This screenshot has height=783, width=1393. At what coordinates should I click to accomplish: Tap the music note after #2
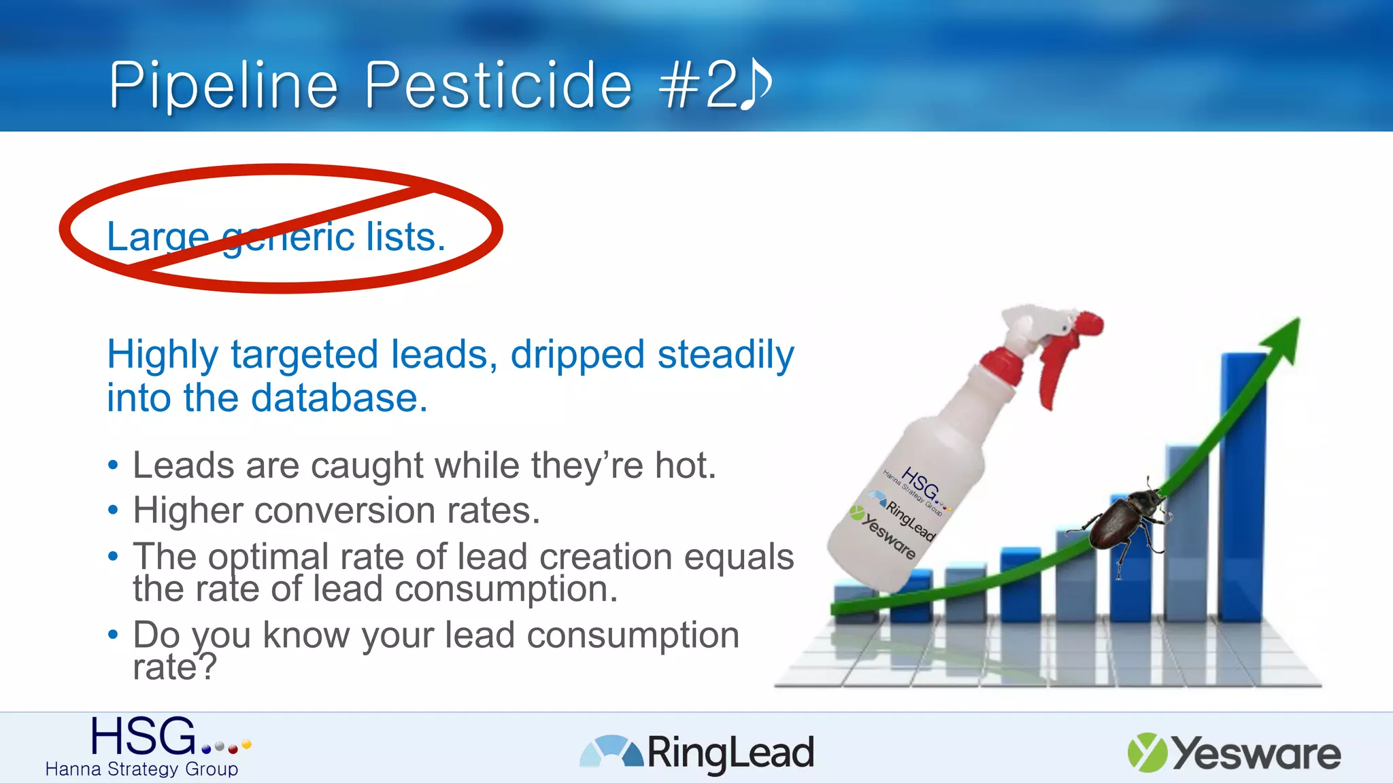(756, 84)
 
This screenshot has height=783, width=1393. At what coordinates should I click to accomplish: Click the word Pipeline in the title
(224, 86)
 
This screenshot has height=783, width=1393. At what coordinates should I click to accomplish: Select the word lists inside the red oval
(405, 237)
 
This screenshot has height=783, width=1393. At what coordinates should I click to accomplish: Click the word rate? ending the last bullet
(175, 667)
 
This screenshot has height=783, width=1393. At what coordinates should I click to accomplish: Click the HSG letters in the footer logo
(144, 737)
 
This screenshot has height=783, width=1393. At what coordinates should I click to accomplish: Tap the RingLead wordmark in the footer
(730, 753)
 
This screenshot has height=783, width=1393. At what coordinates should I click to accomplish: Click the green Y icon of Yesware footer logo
(1147, 752)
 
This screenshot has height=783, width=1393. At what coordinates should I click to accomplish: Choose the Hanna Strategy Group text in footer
(141, 769)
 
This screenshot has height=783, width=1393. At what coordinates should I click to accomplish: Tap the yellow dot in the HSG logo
(247, 744)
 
